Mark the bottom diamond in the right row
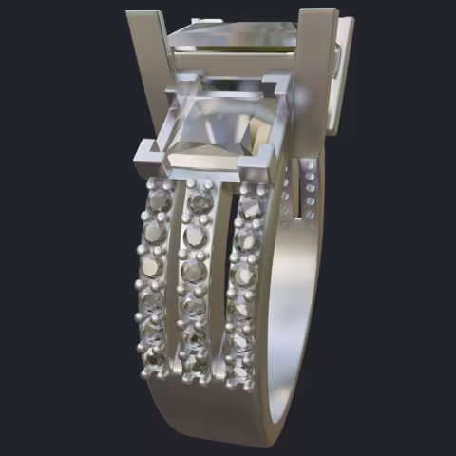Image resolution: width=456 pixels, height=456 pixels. (x=239, y=370)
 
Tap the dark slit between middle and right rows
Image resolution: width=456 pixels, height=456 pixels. (x=223, y=285)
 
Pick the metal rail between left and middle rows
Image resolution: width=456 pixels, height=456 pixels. (x=177, y=285)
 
